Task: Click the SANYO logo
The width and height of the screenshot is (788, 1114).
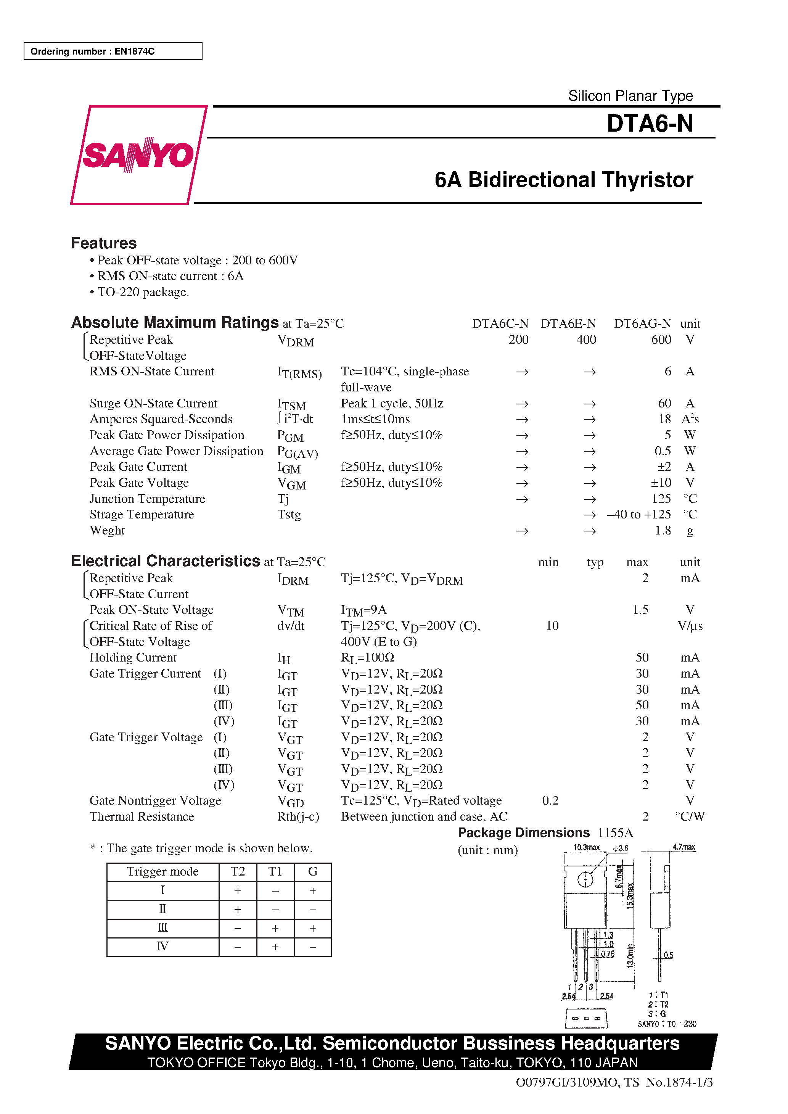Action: (x=138, y=155)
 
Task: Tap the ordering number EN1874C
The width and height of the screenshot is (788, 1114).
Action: (x=134, y=52)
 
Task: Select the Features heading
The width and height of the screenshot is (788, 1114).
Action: (x=104, y=243)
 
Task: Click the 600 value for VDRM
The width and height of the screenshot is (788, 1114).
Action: (x=661, y=340)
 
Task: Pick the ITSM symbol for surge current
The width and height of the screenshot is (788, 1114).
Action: (x=291, y=404)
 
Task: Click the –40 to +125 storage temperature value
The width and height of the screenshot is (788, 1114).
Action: (x=638, y=514)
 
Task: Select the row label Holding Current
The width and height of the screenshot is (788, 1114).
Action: (x=133, y=657)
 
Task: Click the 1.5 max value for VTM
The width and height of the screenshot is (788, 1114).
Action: (x=640, y=610)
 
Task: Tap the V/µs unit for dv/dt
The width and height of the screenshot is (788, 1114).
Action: (x=690, y=626)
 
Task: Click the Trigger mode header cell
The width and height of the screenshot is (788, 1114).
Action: (x=162, y=872)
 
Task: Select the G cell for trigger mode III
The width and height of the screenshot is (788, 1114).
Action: (x=312, y=928)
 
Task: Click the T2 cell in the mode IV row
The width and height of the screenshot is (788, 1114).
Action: (x=237, y=947)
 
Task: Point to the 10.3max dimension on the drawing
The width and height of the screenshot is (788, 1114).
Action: (x=586, y=847)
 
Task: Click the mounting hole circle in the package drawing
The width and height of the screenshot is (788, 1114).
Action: (x=585, y=879)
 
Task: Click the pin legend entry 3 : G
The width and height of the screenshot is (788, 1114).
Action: (x=657, y=1014)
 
